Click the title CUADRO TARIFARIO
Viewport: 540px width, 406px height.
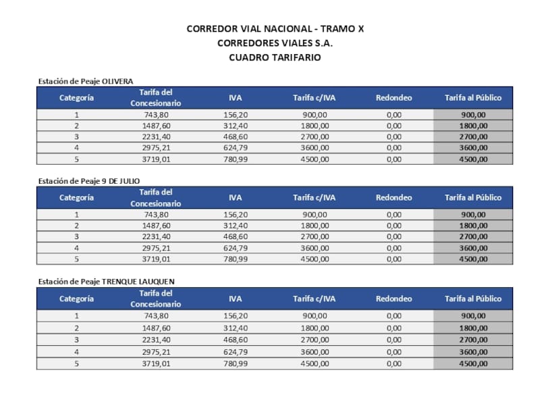pos(275,57)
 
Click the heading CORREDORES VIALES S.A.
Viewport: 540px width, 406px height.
pos(275,43)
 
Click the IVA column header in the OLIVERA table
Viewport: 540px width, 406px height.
pos(236,98)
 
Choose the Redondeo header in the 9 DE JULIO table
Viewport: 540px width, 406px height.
pos(394,198)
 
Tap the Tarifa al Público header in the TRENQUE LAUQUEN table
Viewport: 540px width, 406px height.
pos(473,299)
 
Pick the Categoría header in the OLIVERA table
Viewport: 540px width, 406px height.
pos(76,98)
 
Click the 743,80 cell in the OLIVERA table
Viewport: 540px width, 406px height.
pos(156,115)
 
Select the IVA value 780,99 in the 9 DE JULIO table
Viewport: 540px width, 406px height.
pos(236,259)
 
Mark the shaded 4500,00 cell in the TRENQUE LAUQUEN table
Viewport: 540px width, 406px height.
pos(473,363)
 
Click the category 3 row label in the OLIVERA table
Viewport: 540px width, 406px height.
pos(76,136)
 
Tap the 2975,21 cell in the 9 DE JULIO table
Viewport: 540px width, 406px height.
pos(156,248)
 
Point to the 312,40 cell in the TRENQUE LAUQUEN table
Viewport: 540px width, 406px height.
pos(236,328)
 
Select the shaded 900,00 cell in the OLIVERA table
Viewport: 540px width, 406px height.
pos(473,115)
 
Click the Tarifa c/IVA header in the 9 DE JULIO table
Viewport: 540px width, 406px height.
pos(314,198)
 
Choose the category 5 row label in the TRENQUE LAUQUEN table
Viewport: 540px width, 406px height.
pos(76,363)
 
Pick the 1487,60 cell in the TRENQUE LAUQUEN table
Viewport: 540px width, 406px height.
pos(156,328)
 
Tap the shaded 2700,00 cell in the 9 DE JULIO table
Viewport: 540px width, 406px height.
pos(473,236)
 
